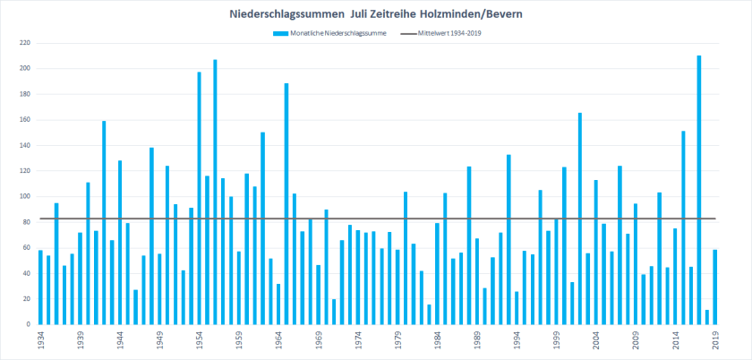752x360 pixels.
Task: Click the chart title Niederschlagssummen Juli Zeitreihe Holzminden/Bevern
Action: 375,14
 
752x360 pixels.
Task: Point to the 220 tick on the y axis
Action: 25,43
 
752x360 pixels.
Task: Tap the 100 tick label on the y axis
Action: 25,196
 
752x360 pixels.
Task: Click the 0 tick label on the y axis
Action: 30,324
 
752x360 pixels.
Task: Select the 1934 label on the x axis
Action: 41,341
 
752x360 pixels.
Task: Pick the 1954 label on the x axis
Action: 200,341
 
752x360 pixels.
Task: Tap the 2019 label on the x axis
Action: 715,341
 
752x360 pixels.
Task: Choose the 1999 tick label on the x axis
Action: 557,341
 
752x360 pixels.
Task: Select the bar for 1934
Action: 40,287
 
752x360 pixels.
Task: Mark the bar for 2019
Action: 715,287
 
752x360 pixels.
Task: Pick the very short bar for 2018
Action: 707,317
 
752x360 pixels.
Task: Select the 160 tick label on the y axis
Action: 25,120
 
